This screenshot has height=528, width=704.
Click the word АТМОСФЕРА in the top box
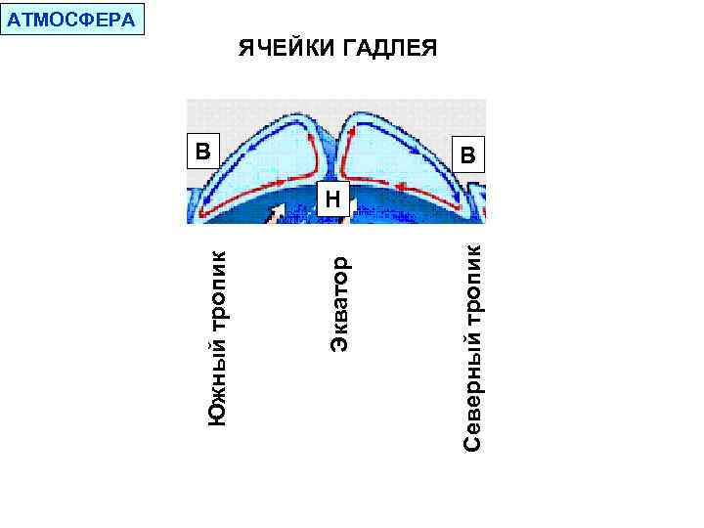(x=71, y=19)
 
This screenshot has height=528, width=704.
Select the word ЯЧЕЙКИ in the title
(x=285, y=49)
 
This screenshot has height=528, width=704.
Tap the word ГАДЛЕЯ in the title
(x=389, y=49)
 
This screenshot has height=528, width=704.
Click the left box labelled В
(x=201, y=152)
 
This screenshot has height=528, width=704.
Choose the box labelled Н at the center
(x=332, y=199)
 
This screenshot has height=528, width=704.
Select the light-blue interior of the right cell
(x=391, y=156)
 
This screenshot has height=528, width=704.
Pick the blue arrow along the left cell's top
(x=256, y=144)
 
